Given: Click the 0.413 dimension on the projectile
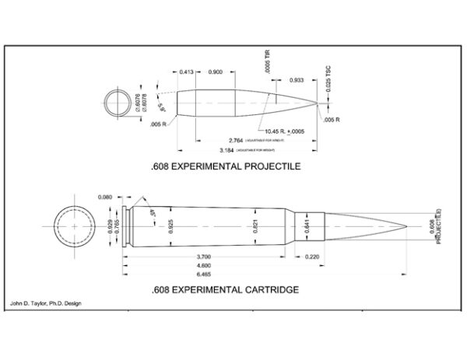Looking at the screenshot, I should [186, 72].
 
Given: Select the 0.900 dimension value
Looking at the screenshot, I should [216, 72].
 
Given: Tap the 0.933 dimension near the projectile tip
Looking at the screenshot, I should [297, 80].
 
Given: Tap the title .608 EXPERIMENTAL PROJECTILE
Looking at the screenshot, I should [225, 166].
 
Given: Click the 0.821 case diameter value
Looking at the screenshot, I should [255, 225].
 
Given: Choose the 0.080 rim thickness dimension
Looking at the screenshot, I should [106, 197].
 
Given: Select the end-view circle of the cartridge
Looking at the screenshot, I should [71, 225].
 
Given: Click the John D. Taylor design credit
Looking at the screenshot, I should [46, 303].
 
